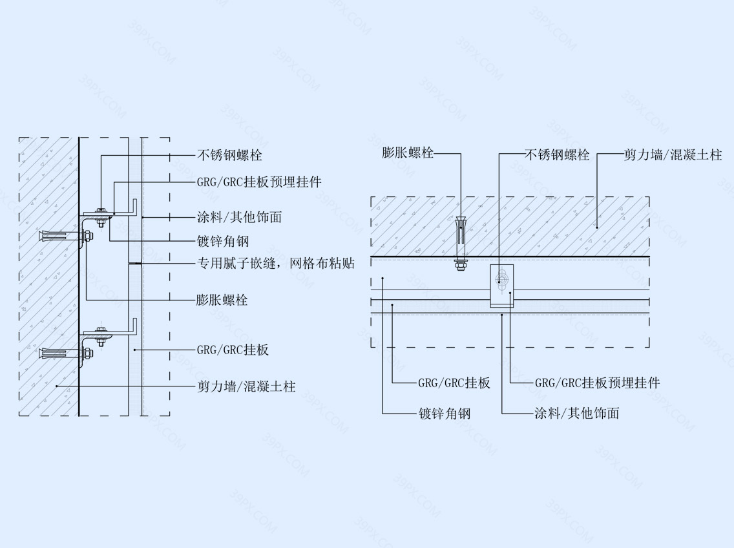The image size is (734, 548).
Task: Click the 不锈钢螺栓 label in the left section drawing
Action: pos(229,155)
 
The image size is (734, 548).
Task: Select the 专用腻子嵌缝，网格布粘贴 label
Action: pos(276,263)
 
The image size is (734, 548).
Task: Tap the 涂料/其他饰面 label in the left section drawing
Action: pos(239,217)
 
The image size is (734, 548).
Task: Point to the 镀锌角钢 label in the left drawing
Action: pos(223,241)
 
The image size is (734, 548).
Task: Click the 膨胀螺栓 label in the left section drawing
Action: pos(222,300)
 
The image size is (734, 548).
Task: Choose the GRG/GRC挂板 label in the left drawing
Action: pos(233,350)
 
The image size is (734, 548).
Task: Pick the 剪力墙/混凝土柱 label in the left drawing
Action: pos(246,386)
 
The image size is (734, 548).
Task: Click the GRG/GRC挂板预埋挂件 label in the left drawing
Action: pos(259,182)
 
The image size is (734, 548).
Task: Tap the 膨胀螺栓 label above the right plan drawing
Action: pos(408,153)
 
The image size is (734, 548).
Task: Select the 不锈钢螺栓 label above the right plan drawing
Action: pos(557,155)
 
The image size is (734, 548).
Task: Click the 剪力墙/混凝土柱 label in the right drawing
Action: pos(673,155)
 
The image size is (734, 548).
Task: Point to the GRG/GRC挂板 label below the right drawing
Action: pos(454,383)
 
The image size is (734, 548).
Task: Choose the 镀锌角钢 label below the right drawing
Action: pos(445,413)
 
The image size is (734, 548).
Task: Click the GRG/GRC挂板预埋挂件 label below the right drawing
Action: pos(597,383)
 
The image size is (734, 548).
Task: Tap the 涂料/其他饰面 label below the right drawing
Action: pos(577,413)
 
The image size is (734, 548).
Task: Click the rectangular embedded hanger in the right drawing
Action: pos(502,286)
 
